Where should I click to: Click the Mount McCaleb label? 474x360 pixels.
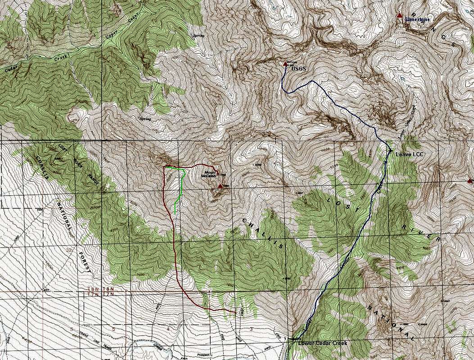(x=211, y=174)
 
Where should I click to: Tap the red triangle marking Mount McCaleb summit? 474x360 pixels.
(x=220, y=185)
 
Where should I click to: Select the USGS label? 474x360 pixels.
(x=298, y=69)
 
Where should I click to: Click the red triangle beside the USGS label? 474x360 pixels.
(x=285, y=64)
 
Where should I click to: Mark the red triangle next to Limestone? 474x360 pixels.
(x=399, y=16)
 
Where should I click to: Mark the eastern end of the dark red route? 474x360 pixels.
(x=235, y=312)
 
